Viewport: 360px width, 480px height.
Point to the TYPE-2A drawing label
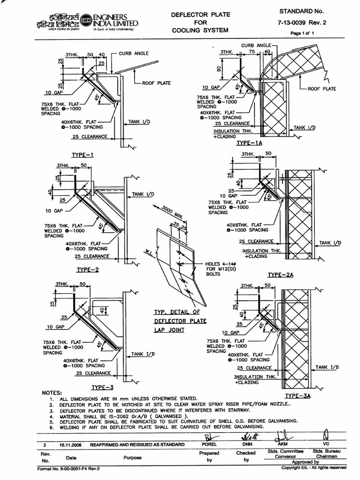tap(280, 274)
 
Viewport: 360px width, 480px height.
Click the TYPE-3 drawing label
tap(102, 387)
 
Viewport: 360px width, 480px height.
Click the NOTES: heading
tap(52, 392)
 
